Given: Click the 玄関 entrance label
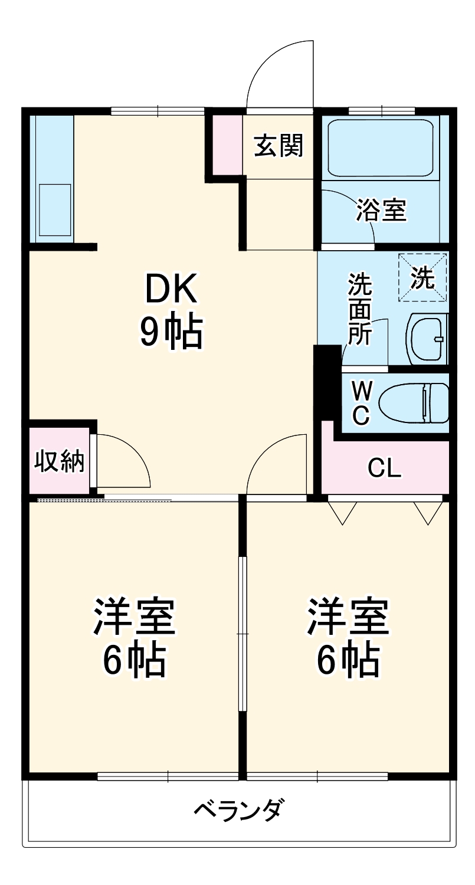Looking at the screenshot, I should tap(279, 146).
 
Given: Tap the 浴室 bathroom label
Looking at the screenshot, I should tap(381, 209).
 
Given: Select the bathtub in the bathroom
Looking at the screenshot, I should tap(381, 148).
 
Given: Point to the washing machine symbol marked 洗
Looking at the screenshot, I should tap(423, 277).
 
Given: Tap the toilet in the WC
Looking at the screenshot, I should tap(413, 403).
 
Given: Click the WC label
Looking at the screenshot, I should tap(361, 402).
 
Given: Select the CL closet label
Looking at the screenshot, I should tap(384, 468).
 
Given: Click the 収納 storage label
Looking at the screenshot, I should tap(59, 461).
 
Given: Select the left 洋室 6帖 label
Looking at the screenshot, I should tap(134, 637).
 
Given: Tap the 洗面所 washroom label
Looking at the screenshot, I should tap(359, 309).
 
